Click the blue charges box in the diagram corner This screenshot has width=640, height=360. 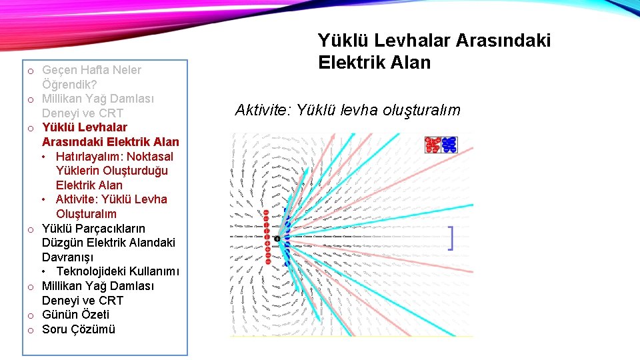tap(449, 145)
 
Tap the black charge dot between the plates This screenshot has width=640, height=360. tap(277, 239)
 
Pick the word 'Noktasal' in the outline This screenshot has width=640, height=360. tap(151, 156)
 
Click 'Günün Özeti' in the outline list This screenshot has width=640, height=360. tap(75, 315)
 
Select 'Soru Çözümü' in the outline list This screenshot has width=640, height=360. tap(79, 329)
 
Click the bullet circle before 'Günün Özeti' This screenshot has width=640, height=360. tap(31, 315)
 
